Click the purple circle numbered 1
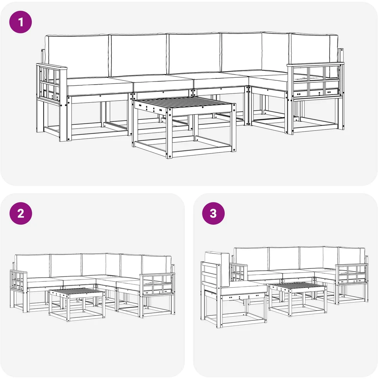(21, 22)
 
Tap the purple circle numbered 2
(21, 214)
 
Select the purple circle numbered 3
(214, 214)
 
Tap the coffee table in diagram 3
(297, 299)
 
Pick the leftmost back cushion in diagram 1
(78, 56)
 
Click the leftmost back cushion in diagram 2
(33, 266)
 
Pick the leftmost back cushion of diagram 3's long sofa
(251, 259)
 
